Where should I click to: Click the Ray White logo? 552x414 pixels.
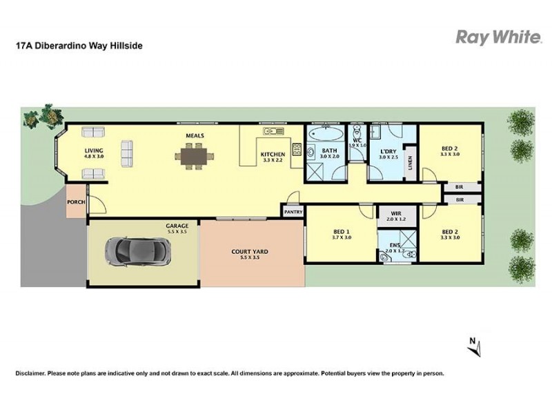(498, 37)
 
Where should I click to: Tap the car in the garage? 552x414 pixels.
(138, 251)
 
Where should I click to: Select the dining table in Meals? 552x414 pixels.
(195, 157)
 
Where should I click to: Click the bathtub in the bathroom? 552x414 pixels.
(326, 134)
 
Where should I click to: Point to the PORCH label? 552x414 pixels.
(76, 202)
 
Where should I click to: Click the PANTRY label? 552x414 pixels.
(293, 212)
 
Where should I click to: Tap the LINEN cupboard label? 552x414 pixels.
(410, 163)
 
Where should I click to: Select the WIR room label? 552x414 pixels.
(396, 214)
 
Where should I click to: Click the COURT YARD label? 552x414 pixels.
(250, 252)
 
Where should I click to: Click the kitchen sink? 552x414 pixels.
(273, 131)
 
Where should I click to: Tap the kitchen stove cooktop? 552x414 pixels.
(297, 149)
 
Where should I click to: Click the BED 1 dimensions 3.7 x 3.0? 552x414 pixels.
(341, 237)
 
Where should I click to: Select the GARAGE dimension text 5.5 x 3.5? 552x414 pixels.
(177, 232)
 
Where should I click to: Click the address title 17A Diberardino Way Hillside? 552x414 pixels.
(79, 46)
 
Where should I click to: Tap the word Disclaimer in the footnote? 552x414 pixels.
(30, 373)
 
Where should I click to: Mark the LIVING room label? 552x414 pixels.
(94, 150)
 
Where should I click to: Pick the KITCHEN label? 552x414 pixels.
(273, 154)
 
